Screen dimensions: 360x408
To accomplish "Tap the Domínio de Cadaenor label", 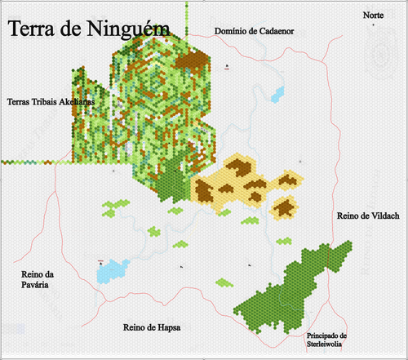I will click(x=254, y=31).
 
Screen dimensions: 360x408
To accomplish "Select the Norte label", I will click(x=374, y=16).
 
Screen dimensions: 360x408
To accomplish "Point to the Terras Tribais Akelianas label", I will click(x=50, y=102).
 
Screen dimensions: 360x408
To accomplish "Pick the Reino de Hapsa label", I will click(x=152, y=327).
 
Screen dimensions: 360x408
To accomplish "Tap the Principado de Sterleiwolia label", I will click(x=327, y=340).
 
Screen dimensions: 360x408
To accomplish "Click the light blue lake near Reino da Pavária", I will click(x=112, y=269).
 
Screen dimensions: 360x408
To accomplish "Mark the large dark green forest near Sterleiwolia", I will click(x=294, y=286).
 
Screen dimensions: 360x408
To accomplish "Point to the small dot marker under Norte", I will click(x=374, y=25).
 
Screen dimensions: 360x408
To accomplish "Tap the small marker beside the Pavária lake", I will click(x=101, y=262).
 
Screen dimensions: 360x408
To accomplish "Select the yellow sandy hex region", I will click(x=245, y=184).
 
